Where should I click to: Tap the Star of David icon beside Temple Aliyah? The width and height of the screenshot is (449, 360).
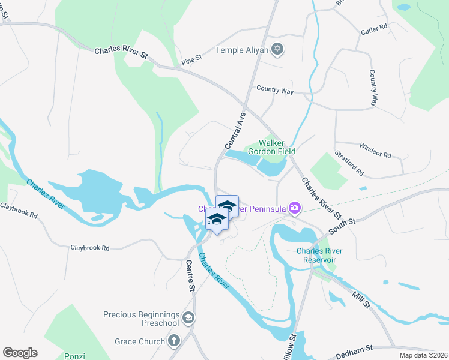pyautogui.click(x=277, y=49)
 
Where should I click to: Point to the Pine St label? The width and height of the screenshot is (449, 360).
pyautogui.click(x=192, y=59)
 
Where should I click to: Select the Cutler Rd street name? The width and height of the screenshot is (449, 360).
pyautogui.click(x=375, y=28)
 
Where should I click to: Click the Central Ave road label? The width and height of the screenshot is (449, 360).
pyautogui.click(x=235, y=133)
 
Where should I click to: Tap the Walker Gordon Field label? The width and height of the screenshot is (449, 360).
pyautogui.click(x=277, y=148)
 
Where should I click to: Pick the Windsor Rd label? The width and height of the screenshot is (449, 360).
pyautogui.click(x=375, y=150)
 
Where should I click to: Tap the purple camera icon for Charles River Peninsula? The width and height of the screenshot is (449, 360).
pyautogui.click(x=295, y=208)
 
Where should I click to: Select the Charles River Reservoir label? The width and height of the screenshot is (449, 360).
pyautogui.click(x=319, y=255)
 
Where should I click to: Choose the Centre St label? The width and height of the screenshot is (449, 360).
pyautogui.click(x=191, y=276)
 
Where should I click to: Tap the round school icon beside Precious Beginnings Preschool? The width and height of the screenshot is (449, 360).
pyautogui.click(x=188, y=317)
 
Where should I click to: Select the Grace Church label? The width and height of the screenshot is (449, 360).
pyautogui.click(x=140, y=341)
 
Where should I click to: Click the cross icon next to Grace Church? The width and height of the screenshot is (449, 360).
pyautogui.click(x=174, y=341)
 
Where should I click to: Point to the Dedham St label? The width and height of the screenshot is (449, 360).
pyautogui.click(x=354, y=347)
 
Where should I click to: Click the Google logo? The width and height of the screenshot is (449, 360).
pyautogui.click(x=20, y=353)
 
